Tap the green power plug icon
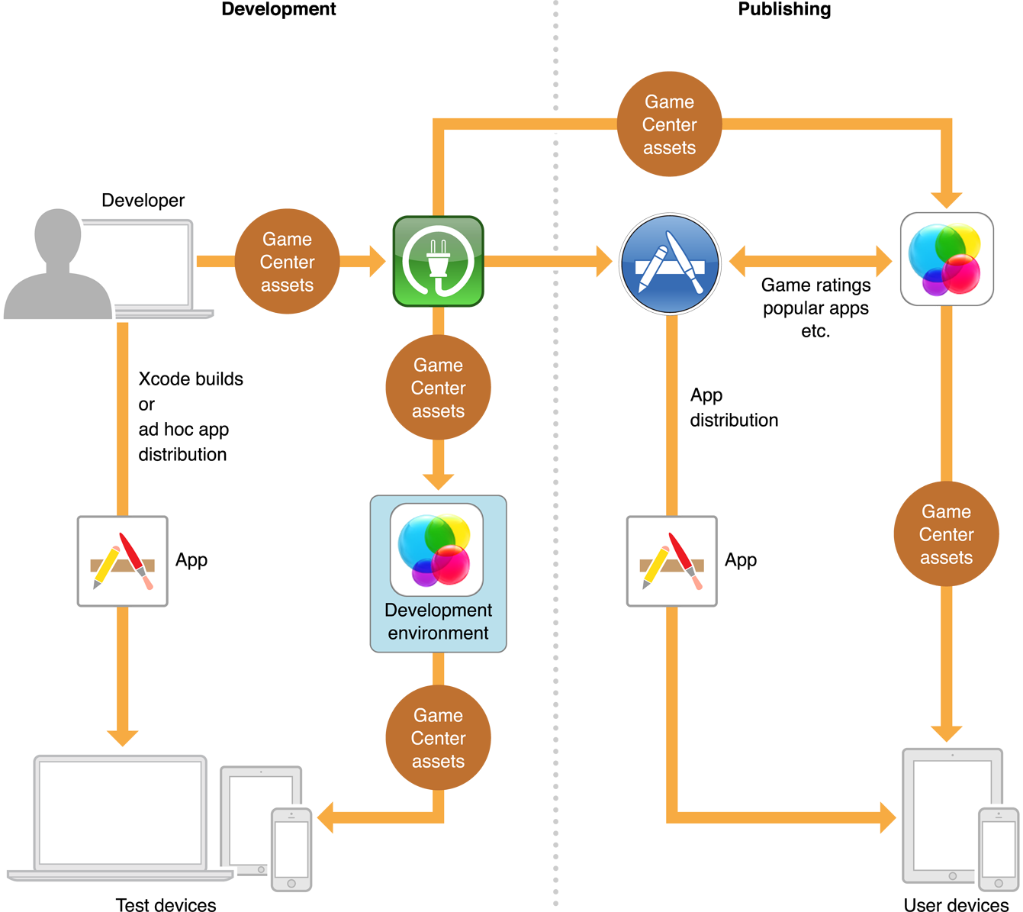439,262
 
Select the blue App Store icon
670,263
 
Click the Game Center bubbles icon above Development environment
436,549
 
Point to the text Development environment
438,621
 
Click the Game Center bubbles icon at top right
947,259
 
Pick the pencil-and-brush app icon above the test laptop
123,561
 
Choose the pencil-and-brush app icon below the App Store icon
671,561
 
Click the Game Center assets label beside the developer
287,262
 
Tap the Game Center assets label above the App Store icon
669,124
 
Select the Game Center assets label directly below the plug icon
438,388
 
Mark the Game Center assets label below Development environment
438,738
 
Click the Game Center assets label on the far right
946,534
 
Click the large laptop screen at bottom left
121,812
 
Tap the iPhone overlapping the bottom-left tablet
291,849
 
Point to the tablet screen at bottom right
946,814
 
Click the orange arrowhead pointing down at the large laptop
122,736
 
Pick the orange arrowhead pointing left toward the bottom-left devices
328,817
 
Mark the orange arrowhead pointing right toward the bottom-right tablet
886,817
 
